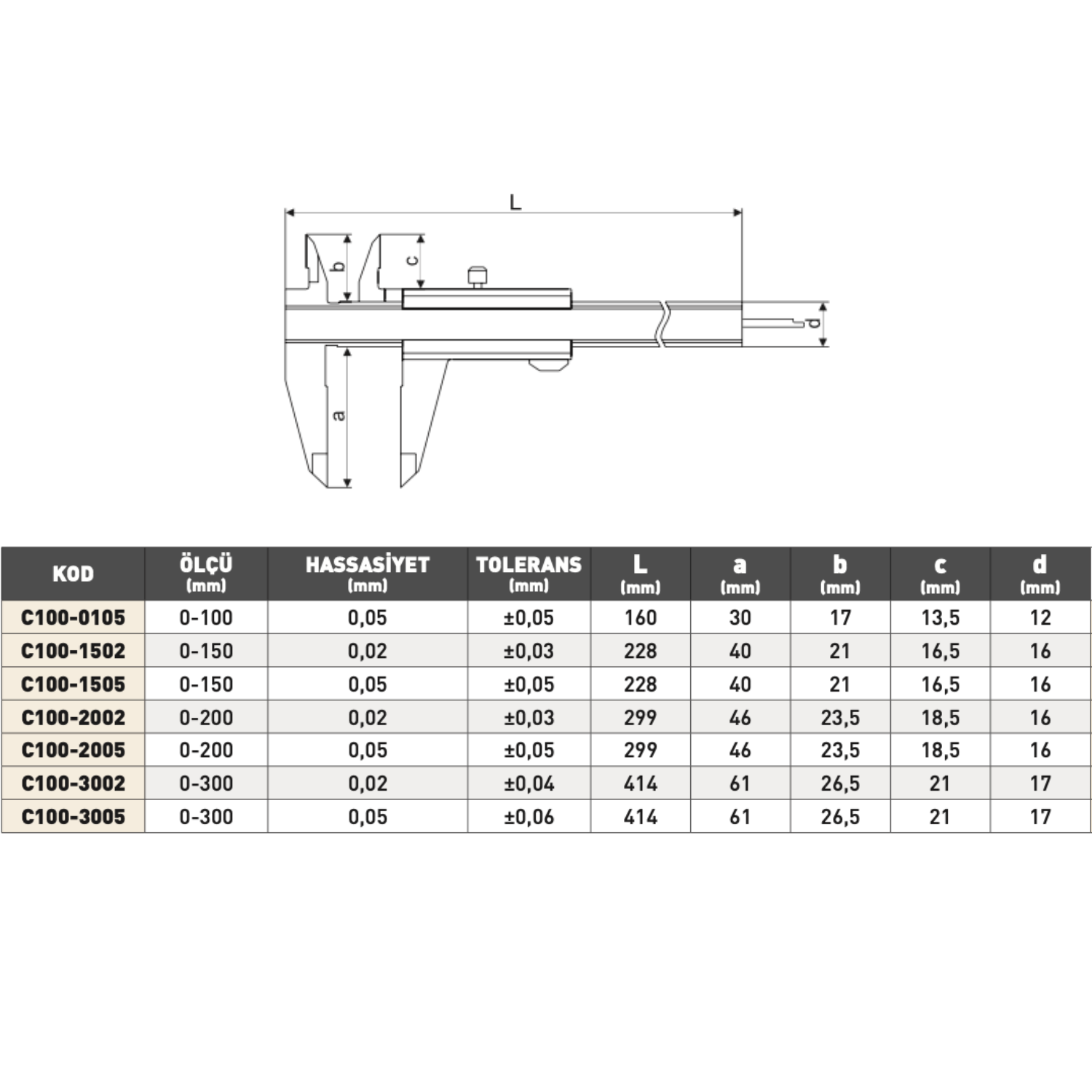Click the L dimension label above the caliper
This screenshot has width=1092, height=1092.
(x=515, y=202)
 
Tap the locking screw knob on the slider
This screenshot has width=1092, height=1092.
(x=478, y=277)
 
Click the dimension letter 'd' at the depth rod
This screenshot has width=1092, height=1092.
(x=815, y=323)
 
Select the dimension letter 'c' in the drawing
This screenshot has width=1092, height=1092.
(x=412, y=260)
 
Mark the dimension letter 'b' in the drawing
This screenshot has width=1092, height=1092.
(x=338, y=266)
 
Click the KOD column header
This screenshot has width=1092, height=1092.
(x=73, y=574)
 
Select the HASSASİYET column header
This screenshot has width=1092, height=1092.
(x=368, y=565)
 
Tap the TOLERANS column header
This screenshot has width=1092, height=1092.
(x=529, y=565)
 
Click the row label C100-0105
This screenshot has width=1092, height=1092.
(x=73, y=617)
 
